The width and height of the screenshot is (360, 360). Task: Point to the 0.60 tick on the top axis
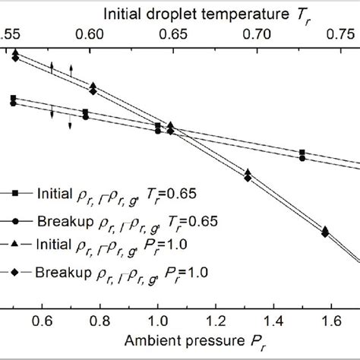(90, 35)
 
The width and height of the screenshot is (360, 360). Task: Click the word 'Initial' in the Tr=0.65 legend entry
(52, 194)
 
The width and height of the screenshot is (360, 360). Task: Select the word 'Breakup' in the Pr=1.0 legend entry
(58, 271)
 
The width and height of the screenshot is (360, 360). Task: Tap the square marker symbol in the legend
(14, 194)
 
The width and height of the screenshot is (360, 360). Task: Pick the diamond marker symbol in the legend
(14, 271)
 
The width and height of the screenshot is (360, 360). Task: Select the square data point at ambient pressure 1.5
(302, 153)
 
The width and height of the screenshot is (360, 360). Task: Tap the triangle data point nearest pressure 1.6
(325, 229)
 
